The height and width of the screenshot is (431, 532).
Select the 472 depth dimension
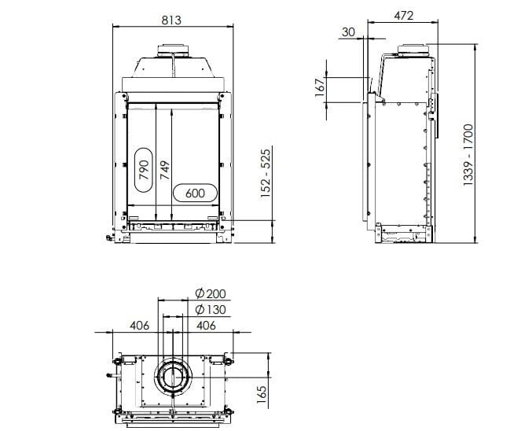click(x=404, y=16)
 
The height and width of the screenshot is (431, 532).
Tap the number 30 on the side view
click(x=348, y=31)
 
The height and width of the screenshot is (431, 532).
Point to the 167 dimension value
click(x=320, y=87)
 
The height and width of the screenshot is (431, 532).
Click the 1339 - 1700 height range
click(x=468, y=153)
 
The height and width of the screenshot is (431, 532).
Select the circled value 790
click(x=143, y=170)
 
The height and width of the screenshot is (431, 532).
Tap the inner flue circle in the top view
click(x=172, y=377)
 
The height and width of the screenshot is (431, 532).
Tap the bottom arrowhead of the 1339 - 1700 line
click(x=477, y=239)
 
